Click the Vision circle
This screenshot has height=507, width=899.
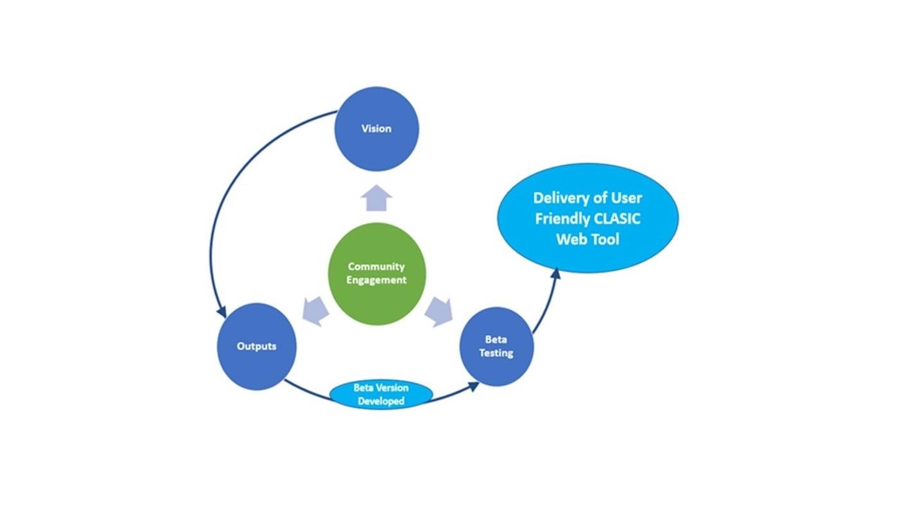click(x=376, y=128)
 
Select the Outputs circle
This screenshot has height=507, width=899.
click(x=256, y=346)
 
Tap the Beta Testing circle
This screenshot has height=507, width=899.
click(x=496, y=347)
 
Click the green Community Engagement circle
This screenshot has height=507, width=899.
click(x=376, y=273)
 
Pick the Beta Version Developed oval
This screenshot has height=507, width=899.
click(x=380, y=394)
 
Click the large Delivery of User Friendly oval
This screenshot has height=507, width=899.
click(x=588, y=218)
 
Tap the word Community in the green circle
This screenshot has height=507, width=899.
click(x=376, y=266)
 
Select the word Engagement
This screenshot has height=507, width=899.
click(x=376, y=280)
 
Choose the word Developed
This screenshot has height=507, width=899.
click(x=381, y=401)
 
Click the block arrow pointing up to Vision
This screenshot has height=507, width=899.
click(x=376, y=198)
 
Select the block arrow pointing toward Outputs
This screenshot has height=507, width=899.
click(x=317, y=312)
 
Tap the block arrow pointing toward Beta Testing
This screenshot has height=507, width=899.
click(x=438, y=312)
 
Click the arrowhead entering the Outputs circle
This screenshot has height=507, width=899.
click(x=222, y=311)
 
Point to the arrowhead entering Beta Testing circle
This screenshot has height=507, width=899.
click(x=473, y=386)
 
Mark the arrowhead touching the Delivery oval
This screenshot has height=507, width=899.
click(x=556, y=273)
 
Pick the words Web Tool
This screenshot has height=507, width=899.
click(x=588, y=239)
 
